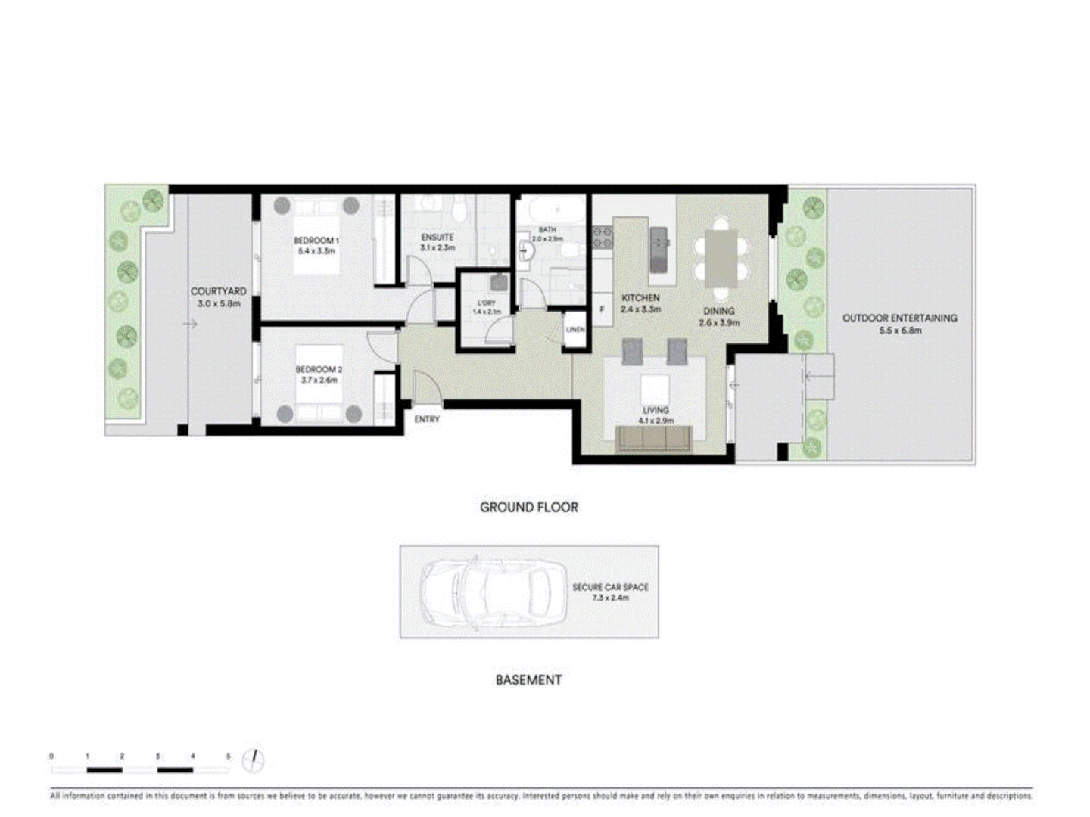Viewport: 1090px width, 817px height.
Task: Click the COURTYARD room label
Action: click(x=218, y=291)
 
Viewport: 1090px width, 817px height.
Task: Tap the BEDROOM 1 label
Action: click(x=316, y=241)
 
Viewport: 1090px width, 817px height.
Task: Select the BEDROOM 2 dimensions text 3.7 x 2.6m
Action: click(x=319, y=380)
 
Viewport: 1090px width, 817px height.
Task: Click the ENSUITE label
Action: click(x=437, y=238)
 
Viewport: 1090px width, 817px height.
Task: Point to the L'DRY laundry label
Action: click(x=487, y=303)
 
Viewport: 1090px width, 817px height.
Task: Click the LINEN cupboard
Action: click(x=575, y=330)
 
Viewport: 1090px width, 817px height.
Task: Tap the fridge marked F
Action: click(x=603, y=309)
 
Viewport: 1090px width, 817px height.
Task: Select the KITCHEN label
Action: click(x=640, y=298)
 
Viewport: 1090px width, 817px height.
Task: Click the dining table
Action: click(x=721, y=258)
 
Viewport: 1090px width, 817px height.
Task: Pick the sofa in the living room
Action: click(x=655, y=439)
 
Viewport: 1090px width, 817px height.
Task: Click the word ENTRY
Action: click(x=427, y=419)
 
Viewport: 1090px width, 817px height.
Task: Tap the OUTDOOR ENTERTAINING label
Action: click(x=900, y=318)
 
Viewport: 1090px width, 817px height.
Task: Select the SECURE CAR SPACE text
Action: click(x=610, y=587)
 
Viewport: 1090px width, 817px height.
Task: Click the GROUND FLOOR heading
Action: click(x=528, y=508)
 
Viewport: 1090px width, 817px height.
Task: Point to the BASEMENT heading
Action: click(x=528, y=680)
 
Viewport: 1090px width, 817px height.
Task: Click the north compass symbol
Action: click(x=254, y=760)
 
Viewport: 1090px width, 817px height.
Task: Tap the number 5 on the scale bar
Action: click(x=228, y=756)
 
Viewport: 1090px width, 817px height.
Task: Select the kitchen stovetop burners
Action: click(x=602, y=238)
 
